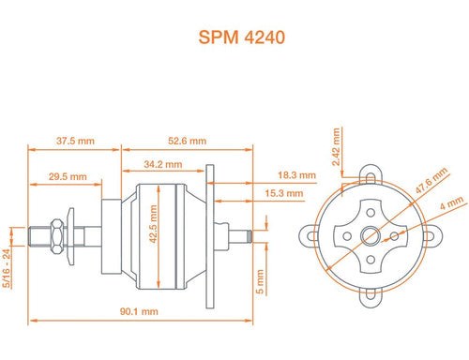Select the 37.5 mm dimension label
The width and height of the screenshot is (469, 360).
click(x=74, y=141)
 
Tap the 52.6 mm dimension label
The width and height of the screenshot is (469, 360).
click(x=187, y=141)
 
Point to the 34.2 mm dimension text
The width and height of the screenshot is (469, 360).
click(x=163, y=165)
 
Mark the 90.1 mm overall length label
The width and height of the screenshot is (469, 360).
click(x=138, y=310)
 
